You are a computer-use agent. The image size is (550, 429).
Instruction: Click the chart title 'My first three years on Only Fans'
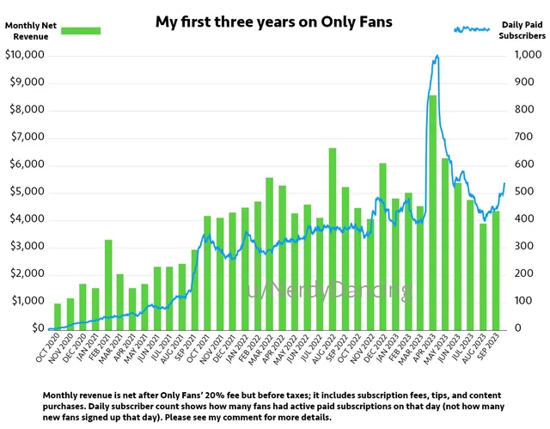273,21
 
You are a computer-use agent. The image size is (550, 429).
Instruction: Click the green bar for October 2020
58,316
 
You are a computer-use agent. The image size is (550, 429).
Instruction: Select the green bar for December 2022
382,246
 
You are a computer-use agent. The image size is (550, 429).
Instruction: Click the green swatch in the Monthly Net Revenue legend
76,31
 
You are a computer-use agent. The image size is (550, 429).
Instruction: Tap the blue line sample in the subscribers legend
471,29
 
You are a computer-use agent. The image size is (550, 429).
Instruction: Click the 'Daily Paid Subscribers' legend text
522,32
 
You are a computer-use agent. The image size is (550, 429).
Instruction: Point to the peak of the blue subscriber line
437,57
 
